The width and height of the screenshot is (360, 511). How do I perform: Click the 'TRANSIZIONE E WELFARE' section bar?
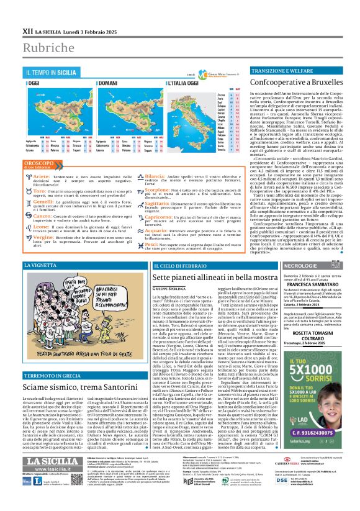tap(281, 71)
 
